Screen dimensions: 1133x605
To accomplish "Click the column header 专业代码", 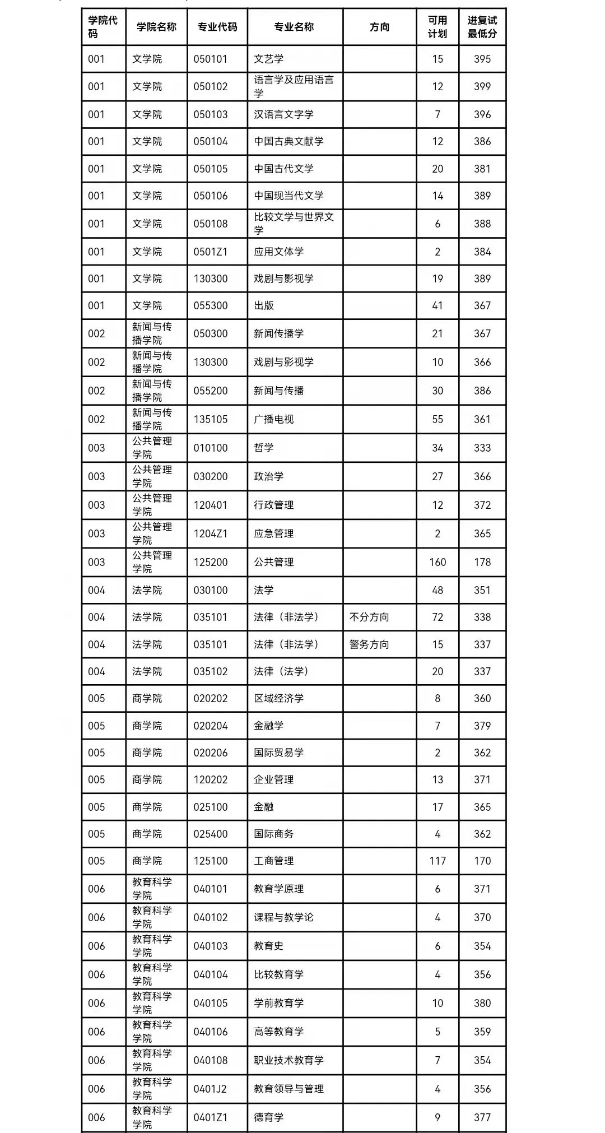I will (217, 27).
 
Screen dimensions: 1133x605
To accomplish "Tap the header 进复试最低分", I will (482, 27).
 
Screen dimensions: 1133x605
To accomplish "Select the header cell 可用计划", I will (437, 27).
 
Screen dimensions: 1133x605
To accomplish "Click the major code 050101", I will (211, 59).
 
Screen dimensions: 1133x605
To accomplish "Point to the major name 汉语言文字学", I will (283, 114).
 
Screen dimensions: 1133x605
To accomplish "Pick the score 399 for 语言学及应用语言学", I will (482, 86).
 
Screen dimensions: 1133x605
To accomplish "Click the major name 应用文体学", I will (278, 252).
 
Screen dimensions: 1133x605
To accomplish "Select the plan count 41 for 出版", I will (437, 305).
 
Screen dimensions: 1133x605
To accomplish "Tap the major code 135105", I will (211, 419).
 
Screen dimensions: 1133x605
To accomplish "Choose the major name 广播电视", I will (273, 419).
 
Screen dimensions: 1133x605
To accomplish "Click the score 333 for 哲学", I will (482, 448).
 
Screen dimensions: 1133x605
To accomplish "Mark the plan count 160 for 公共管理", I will (437, 562).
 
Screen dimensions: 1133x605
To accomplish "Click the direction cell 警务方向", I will (369, 644).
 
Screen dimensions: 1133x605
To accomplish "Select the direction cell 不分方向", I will (369, 617).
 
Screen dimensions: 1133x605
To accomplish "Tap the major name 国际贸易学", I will (278, 753).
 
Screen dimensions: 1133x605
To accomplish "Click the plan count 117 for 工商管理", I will (437, 861).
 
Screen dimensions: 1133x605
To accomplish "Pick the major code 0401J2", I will (211, 1089).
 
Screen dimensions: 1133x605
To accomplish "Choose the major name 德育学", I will (268, 1117).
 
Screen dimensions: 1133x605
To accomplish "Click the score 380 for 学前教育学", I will (482, 1003).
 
